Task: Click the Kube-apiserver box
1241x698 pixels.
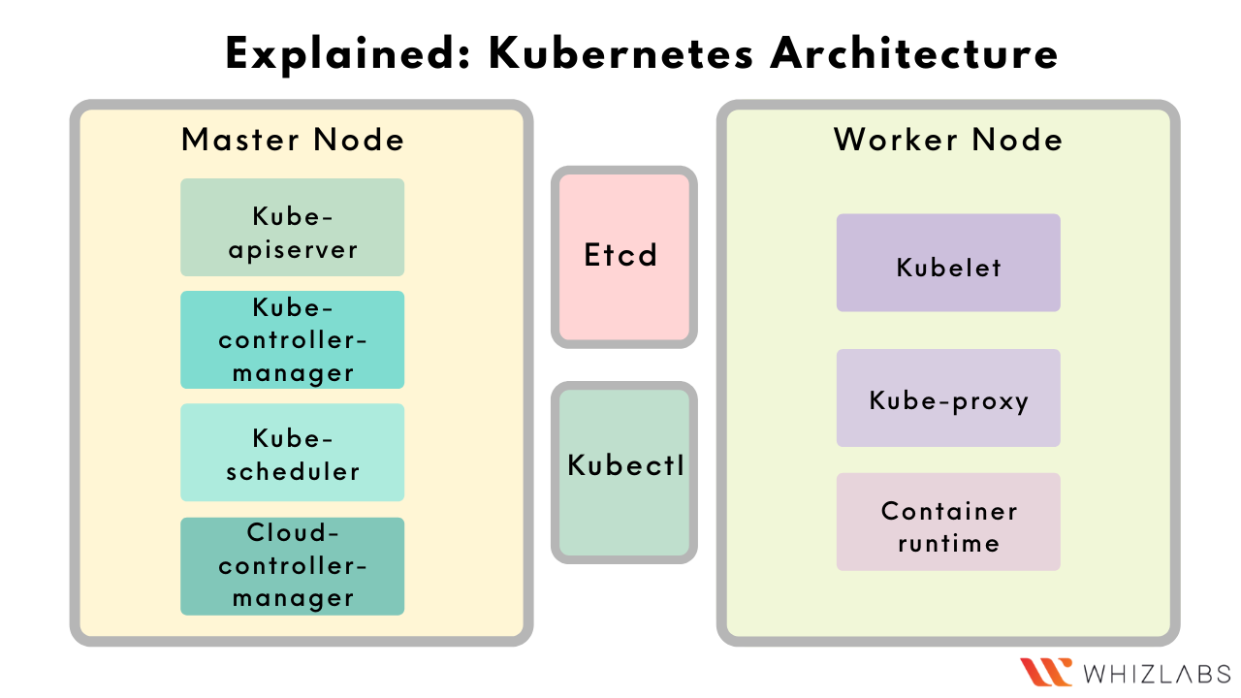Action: click(292, 228)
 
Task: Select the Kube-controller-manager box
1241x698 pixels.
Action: click(292, 340)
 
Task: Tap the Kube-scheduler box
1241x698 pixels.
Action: click(292, 453)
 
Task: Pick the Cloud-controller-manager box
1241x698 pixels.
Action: click(292, 566)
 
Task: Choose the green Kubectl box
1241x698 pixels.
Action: click(624, 471)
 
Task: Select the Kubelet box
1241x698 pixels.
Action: click(948, 263)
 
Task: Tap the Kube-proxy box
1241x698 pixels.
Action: click(948, 398)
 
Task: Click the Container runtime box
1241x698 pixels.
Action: click(948, 522)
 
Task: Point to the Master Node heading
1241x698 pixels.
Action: click(292, 140)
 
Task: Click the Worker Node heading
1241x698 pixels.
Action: click(948, 140)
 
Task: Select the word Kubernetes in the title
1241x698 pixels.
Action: click(620, 54)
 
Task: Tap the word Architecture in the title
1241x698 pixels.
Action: click(914, 54)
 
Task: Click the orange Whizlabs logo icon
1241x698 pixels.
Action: click(1046, 672)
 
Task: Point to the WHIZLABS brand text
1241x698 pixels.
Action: click(1157, 673)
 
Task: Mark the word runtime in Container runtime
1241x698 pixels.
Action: click(948, 543)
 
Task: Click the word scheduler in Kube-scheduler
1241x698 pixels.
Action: click(293, 472)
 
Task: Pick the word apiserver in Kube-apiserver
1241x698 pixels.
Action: click(293, 249)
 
